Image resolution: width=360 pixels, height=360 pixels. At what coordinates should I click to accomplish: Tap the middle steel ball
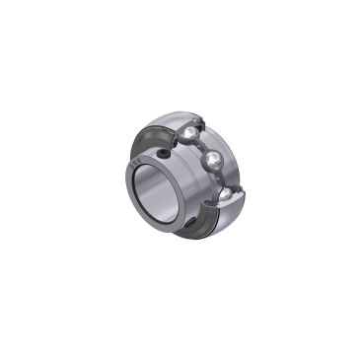tap(215, 161)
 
